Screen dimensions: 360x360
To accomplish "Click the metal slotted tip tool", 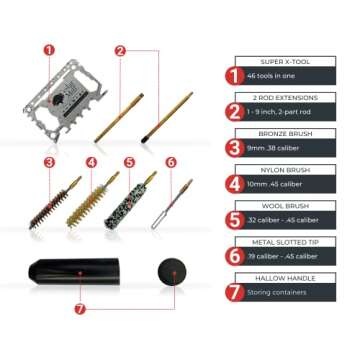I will [175, 204].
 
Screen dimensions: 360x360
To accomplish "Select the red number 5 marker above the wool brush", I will [127, 161].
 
